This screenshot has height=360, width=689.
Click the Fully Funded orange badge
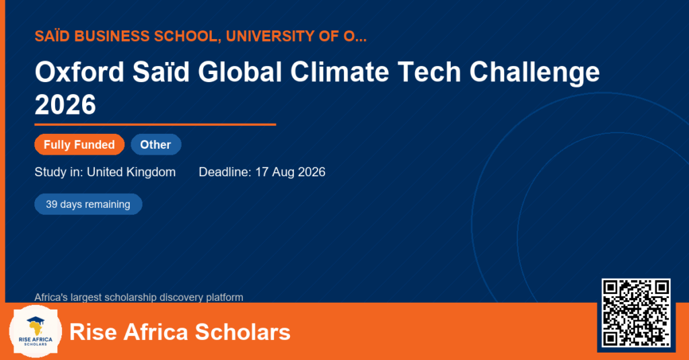[x=79, y=145]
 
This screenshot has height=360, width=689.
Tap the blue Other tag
[x=156, y=145]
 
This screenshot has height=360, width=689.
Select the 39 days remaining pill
[x=88, y=205]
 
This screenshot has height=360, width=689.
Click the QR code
[x=637, y=313]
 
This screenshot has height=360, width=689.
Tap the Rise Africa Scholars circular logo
[x=36, y=332]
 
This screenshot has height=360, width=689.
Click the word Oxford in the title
[x=79, y=71]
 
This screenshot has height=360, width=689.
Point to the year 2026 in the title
[x=65, y=104]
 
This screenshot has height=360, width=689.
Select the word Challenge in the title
[x=534, y=73]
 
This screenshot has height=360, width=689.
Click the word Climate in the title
[x=339, y=71]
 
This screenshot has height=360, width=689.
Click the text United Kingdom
[x=131, y=172]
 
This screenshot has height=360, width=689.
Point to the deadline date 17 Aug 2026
[x=291, y=172]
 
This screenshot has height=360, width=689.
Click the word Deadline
[x=225, y=172]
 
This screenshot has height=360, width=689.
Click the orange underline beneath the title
[x=155, y=125]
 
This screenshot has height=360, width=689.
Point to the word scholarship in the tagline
[x=128, y=297]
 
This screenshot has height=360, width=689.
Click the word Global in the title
[x=240, y=71]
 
